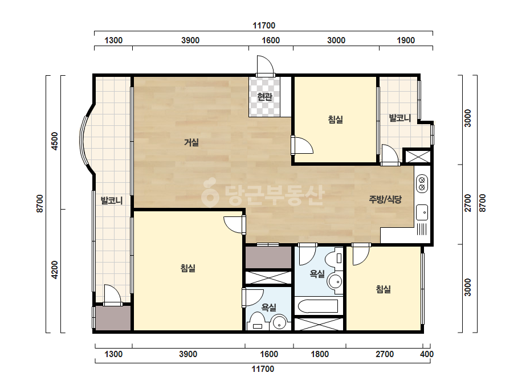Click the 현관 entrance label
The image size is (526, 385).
pos(264,97)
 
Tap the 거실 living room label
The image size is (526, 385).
pos(191,142)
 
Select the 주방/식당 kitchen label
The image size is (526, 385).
pos(385,200)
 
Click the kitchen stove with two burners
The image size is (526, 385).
pos(422,183)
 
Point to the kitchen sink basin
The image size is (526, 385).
pos(422,212)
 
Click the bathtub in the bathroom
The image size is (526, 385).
pos(318,306)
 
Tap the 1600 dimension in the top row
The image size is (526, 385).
pos(271,40)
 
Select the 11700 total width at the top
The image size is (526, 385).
pos(264,26)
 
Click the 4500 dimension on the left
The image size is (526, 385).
pos(54,141)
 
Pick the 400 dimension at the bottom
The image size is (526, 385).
pos(427,354)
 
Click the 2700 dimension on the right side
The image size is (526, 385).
pos(468,203)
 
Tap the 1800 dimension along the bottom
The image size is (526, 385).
pos(320,354)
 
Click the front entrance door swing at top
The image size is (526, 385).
pos(266,65)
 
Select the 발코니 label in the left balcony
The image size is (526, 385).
pos(112,201)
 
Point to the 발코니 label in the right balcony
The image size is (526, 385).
pos(399,118)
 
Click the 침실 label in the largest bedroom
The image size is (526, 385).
pos(188,268)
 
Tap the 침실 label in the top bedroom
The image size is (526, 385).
pos(336,120)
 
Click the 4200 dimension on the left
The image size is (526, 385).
pos(54,270)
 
